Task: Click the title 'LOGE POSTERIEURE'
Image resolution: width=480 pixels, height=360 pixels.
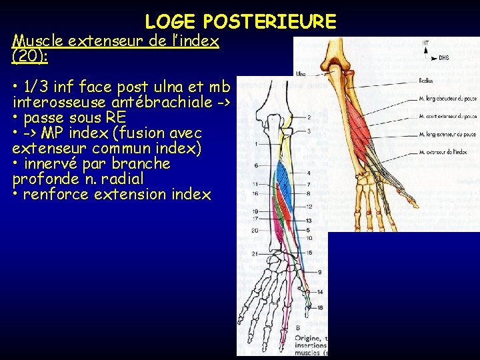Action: pos(241,22)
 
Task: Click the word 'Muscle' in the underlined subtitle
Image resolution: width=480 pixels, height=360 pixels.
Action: pos(35,41)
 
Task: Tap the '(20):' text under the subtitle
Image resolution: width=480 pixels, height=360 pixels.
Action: pos(29,57)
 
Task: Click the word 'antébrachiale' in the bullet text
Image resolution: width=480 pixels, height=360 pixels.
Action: pos(133,102)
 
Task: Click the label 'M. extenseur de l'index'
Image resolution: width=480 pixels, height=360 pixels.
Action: pos(445,153)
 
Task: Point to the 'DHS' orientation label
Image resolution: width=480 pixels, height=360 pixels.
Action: pos(443,58)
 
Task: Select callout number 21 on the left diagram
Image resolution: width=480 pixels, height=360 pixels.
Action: pos(256,254)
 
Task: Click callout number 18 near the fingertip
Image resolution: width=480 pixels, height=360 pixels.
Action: pos(320,307)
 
